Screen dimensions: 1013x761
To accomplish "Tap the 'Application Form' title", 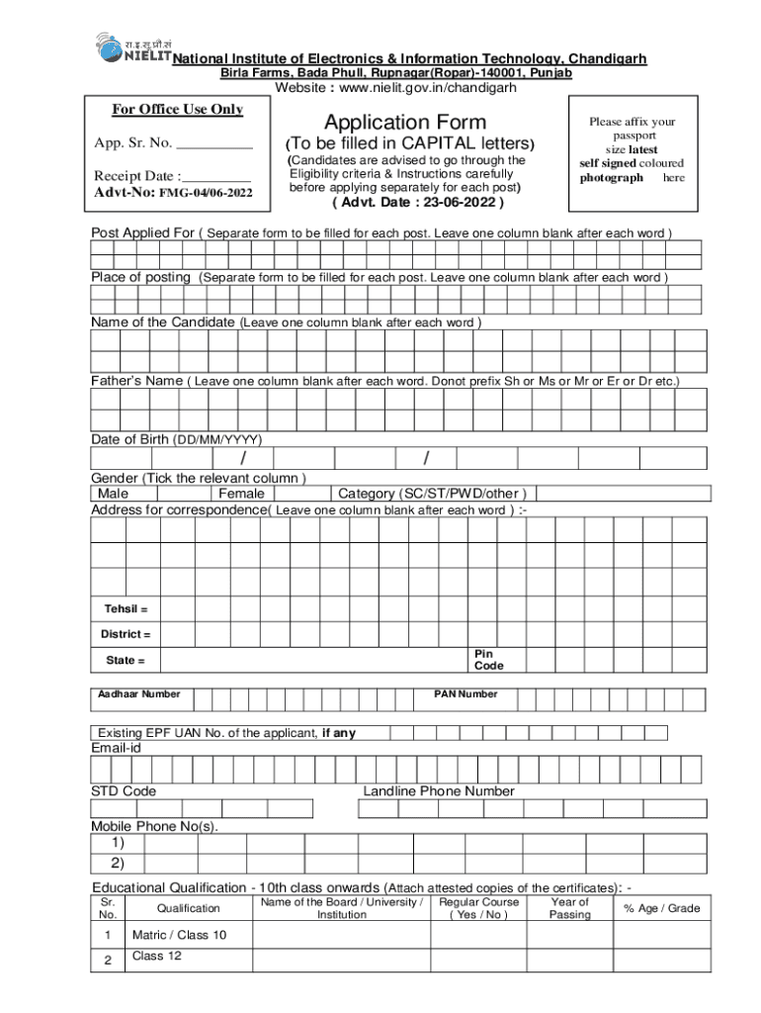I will click(x=405, y=122).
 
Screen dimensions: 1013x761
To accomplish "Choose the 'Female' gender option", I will click(x=241, y=494).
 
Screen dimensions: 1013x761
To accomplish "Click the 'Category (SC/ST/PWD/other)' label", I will click(x=432, y=494).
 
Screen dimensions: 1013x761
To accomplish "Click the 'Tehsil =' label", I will click(x=127, y=608).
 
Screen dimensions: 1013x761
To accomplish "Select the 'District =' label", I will click(x=126, y=634).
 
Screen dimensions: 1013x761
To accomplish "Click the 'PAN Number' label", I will click(x=465, y=693).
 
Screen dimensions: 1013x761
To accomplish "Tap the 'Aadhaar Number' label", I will click(x=138, y=693).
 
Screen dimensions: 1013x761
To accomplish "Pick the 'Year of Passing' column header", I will click(x=570, y=908).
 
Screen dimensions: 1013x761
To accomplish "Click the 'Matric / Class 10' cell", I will click(x=179, y=935).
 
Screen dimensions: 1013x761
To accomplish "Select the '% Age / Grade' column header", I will click(x=661, y=908).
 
